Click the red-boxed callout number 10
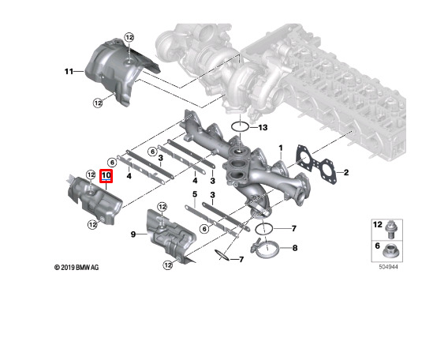pyautogui.click(x=106, y=175)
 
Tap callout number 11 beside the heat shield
pyautogui.click(x=69, y=71)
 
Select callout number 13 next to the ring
pyautogui.click(x=263, y=127)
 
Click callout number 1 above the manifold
pyautogui.click(x=281, y=148)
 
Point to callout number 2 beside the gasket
pyautogui.click(x=346, y=172)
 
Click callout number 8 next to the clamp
pyautogui.click(x=294, y=248)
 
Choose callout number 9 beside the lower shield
pyautogui.click(x=133, y=234)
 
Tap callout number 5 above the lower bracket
pyautogui.click(x=195, y=194)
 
